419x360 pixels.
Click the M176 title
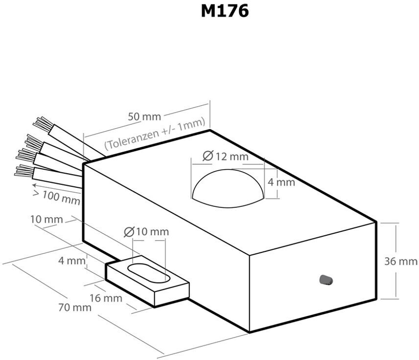tap(225, 11)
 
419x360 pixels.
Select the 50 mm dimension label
tap(144, 117)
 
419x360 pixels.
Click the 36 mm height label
tap(401, 261)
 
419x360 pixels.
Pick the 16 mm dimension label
tap(106, 298)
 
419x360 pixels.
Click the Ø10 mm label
tap(146, 231)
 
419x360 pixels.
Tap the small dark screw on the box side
tap(325, 280)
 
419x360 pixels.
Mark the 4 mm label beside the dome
tap(281, 182)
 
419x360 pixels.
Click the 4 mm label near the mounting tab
tap(71, 261)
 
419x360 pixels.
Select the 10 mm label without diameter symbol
tap(47, 220)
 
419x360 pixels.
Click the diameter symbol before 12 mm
tap(207, 157)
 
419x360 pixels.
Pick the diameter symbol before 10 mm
tap(130, 232)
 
